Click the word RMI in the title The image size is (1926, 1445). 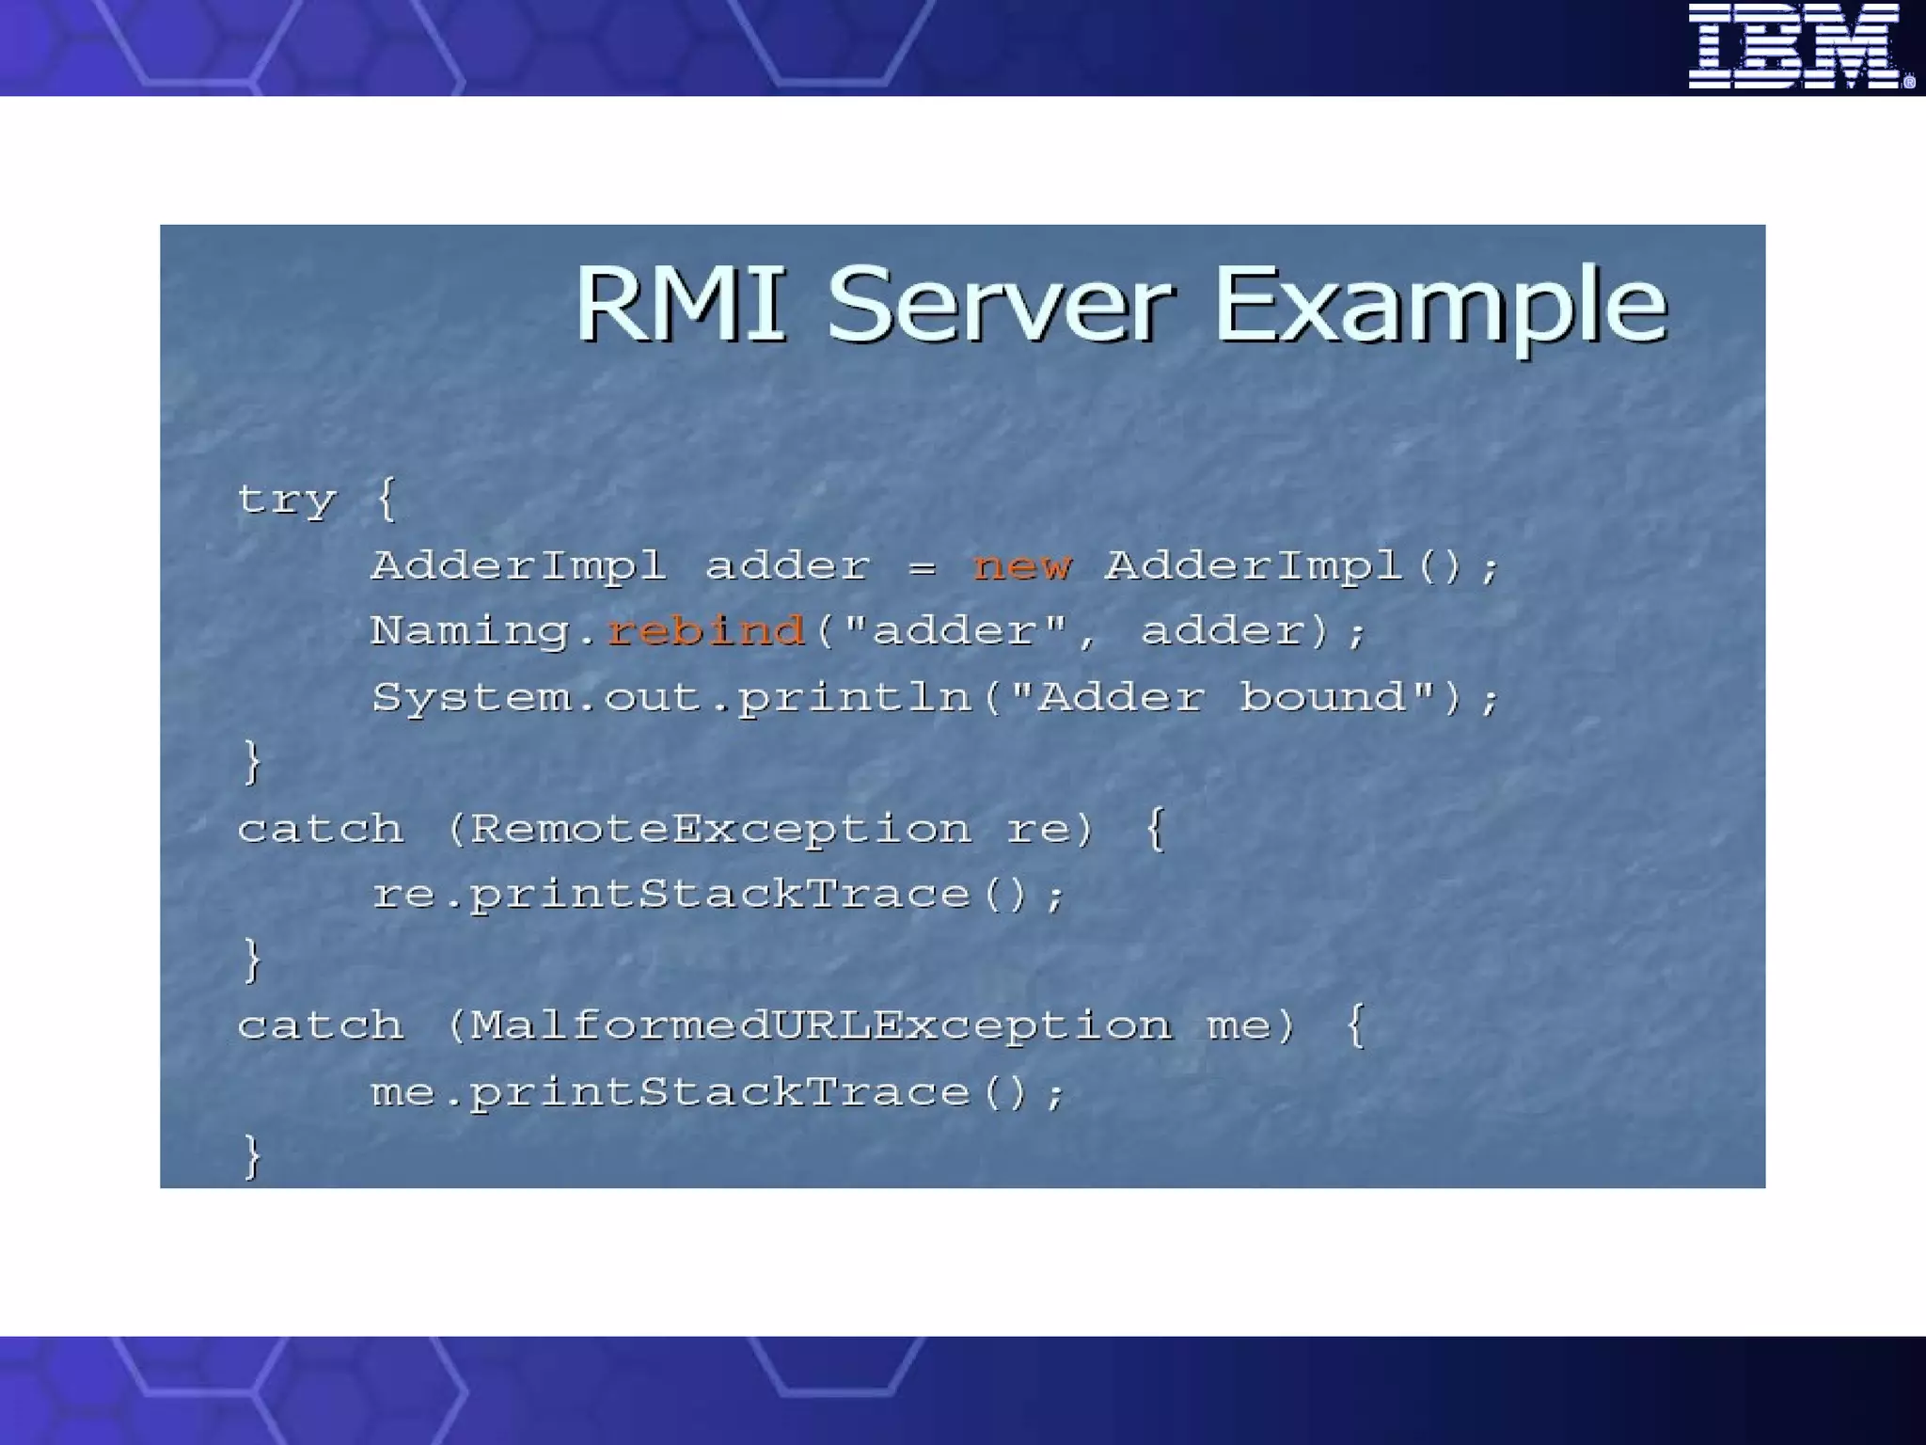[x=680, y=303]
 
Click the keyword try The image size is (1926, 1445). [x=286, y=500]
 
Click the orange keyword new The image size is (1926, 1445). [x=1022, y=565]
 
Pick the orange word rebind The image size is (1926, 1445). [x=706, y=630]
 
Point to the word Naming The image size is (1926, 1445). [x=470, y=631]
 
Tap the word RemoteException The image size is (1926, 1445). [x=720, y=829]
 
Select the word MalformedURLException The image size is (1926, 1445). [x=821, y=1024]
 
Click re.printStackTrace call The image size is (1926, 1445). [x=718, y=894]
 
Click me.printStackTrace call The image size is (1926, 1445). [x=718, y=1092]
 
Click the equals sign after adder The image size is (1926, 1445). [x=922, y=566]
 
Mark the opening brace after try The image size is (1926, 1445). [x=386, y=499]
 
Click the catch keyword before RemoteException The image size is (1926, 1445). [x=321, y=829]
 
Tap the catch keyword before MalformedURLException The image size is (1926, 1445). [x=321, y=1024]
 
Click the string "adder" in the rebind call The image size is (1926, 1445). [x=955, y=629]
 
